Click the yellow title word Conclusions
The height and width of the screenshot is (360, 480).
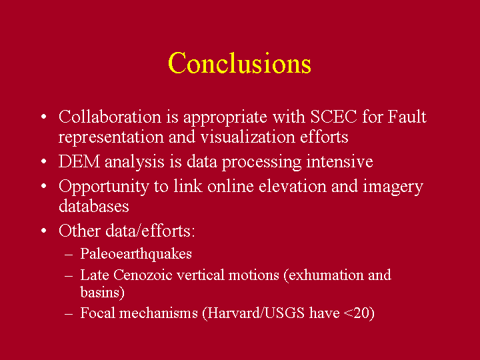click(240, 63)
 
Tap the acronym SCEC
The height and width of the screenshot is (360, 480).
click(334, 117)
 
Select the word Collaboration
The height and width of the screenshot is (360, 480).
click(110, 117)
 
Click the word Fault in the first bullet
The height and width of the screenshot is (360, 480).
click(407, 117)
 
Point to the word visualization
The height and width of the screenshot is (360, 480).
click(248, 137)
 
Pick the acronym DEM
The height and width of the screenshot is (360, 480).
click(79, 161)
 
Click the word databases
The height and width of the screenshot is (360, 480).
click(94, 206)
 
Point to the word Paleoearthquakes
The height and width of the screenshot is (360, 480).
click(136, 254)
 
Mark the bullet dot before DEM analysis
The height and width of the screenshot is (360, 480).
click(44, 161)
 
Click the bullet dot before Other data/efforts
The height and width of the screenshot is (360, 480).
click(44, 231)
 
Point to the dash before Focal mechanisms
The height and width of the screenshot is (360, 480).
click(69, 314)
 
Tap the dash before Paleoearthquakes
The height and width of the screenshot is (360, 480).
click(69, 255)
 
